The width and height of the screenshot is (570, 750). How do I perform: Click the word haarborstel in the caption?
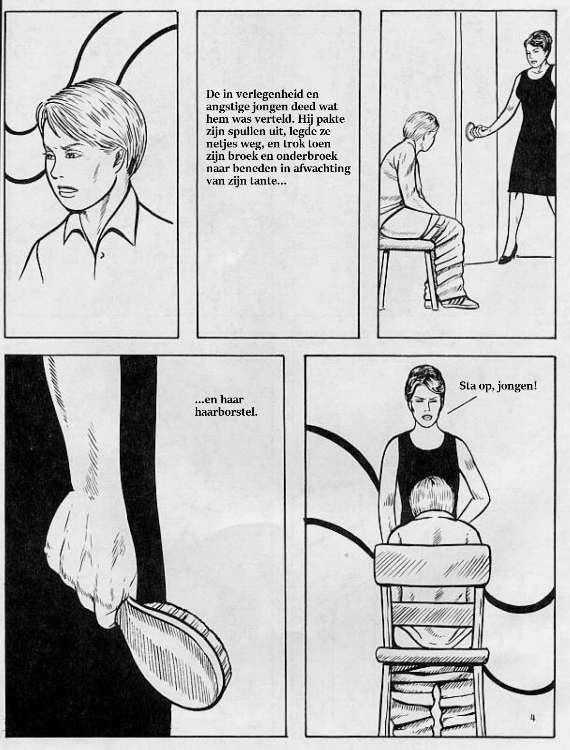[x=226, y=412]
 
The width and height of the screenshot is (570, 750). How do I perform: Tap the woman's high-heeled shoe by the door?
[x=508, y=254]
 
